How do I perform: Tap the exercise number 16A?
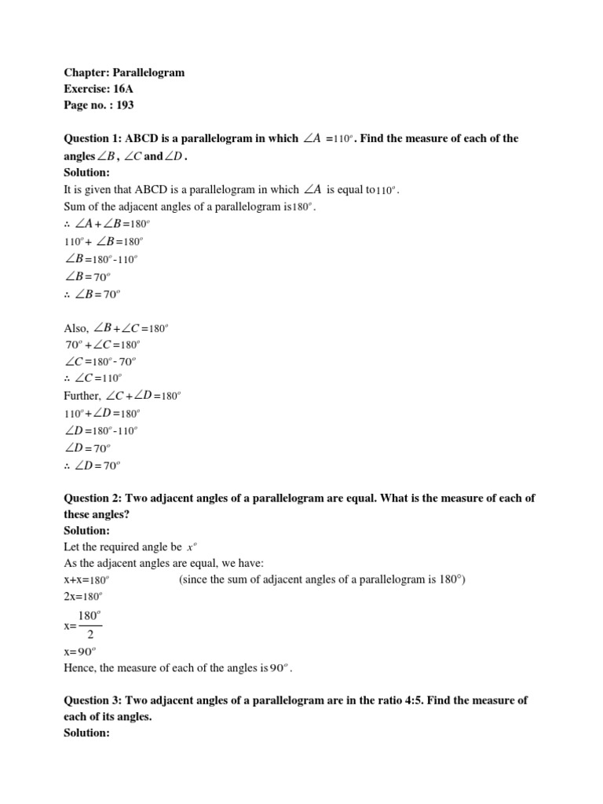(121, 89)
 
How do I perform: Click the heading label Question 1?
(91, 139)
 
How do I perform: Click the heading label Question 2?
(91, 499)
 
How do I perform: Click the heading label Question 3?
(91, 700)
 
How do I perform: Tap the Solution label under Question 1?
(87, 172)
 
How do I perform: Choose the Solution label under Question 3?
(87, 733)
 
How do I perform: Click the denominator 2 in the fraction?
(90, 634)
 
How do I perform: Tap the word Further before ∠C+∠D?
(82, 396)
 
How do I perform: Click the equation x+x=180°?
(86, 580)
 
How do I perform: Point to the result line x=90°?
(81, 652)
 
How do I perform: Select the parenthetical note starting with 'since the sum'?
(323, 580)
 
